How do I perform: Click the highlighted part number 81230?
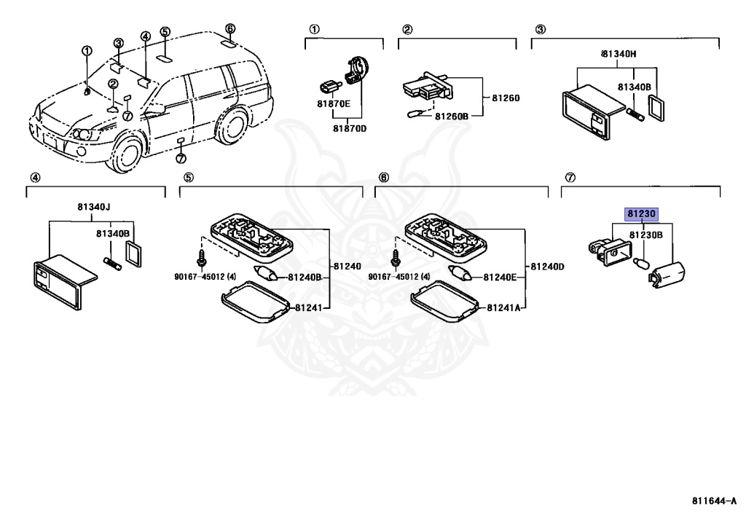641,214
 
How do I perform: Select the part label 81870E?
333,104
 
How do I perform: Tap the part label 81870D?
350,128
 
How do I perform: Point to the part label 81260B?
452,116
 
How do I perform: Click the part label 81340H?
619,54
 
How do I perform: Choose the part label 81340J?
94,206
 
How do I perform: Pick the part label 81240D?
547,267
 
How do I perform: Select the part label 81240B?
305,277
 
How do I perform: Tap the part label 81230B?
645,235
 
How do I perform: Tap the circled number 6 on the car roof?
230,29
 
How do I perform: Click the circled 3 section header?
540,30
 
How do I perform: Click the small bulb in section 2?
415,114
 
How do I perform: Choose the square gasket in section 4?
133,256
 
